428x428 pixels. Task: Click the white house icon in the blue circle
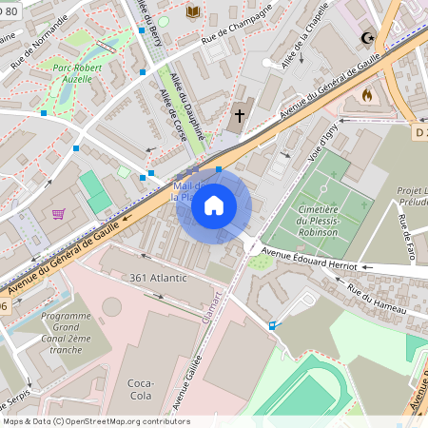214,205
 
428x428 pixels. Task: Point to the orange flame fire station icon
368,95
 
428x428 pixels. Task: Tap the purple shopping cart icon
58,214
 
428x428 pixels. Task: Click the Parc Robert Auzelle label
65,73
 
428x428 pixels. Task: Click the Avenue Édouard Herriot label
308,258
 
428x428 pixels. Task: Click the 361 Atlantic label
159,278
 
